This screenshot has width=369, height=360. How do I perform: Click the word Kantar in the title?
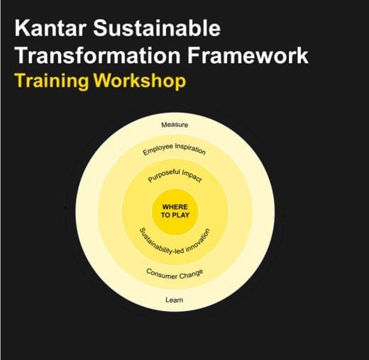pos(50,28)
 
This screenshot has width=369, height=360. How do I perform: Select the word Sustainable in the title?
pos(157,28)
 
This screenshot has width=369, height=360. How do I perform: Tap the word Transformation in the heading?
pos(98,55)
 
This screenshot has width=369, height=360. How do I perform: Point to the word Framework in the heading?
pos(248,55)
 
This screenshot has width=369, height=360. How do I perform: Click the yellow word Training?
pos(51,81)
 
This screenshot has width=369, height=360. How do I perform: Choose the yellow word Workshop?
pos(140,81)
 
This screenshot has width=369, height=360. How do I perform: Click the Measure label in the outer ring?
pos(175,125)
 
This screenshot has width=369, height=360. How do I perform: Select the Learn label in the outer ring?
pos(175,300)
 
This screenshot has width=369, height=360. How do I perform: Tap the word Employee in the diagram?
pos(158,150)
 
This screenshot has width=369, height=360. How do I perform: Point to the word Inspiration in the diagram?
pos(190,149)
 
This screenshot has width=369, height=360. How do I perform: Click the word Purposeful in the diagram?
pos(164,176)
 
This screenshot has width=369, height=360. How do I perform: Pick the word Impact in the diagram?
pos(192,176)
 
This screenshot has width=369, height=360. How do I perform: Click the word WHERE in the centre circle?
pos(175,207)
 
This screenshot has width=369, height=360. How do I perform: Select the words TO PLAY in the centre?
pos(175,215)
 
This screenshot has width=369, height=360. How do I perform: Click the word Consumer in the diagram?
pos(161,274)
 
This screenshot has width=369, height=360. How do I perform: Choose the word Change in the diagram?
pos(191,274)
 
